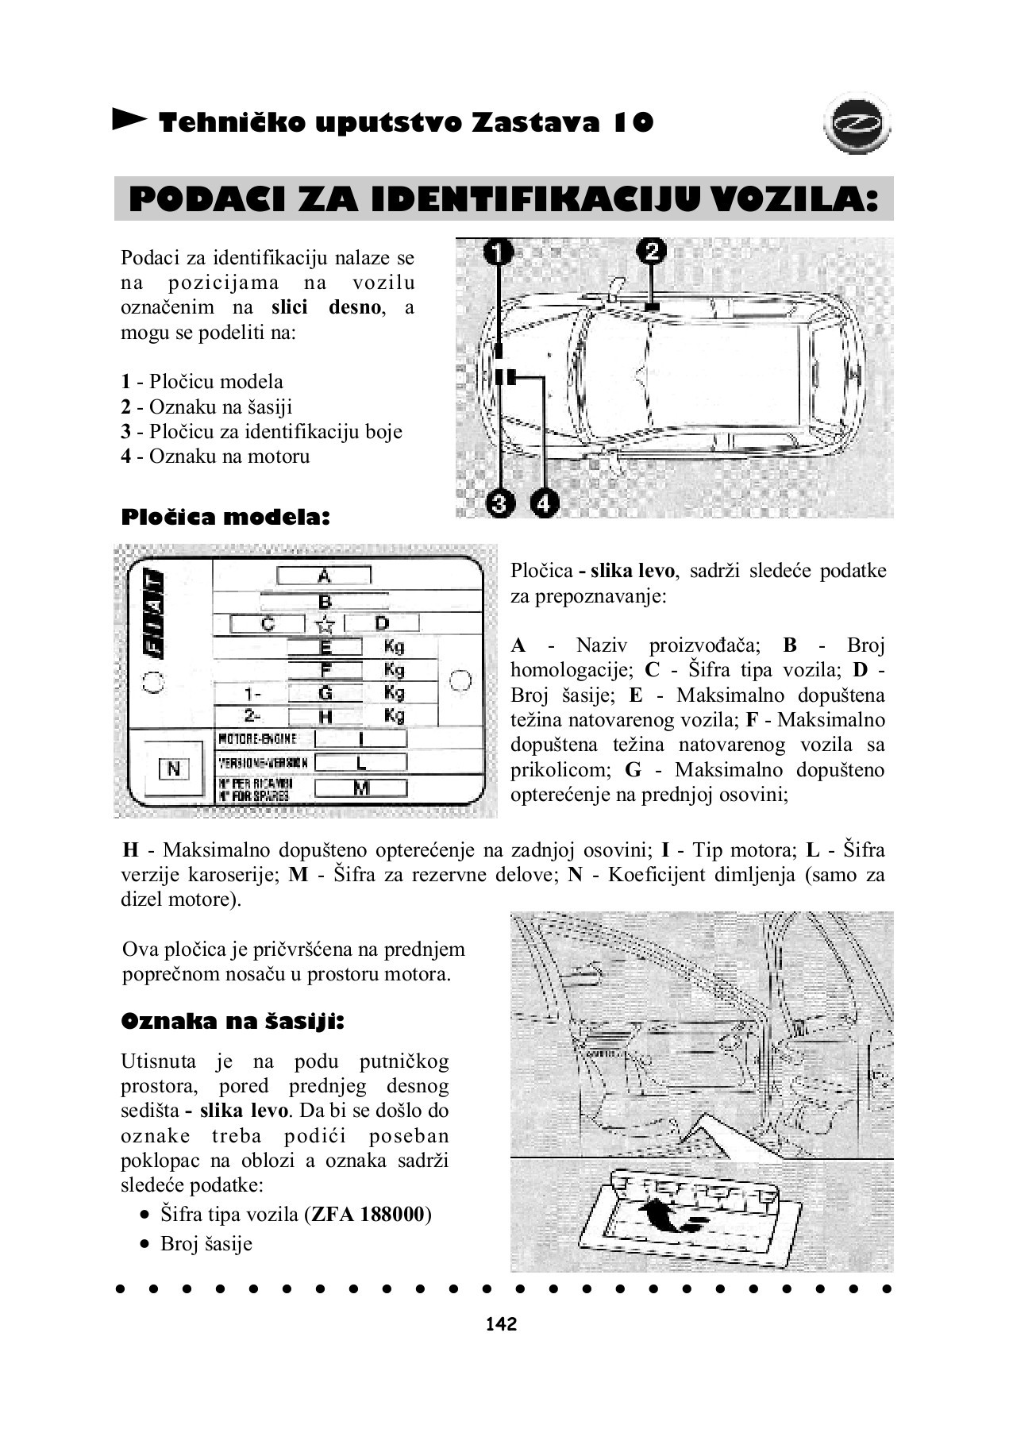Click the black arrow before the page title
(129, 120)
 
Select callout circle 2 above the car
(652, 251)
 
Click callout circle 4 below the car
(544, 503)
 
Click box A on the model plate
(324, 576)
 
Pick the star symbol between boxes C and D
(325, 624)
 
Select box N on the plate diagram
(174, 768)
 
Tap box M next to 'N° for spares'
(361, 788)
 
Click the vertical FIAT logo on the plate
(155, 614)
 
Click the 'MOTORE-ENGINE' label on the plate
(257, 739)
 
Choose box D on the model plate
(382, 623)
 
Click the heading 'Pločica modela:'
(225, 518)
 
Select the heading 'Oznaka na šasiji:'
(233, 1022)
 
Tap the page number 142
(501, 1324)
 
